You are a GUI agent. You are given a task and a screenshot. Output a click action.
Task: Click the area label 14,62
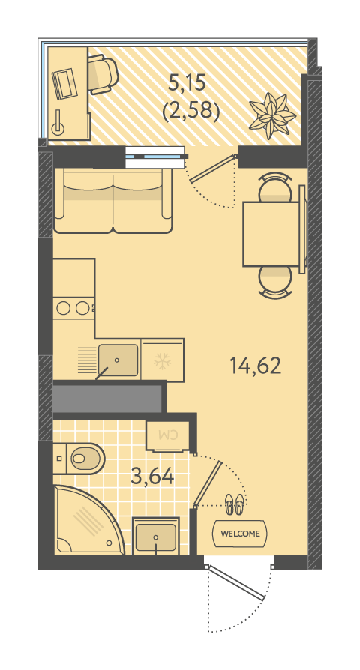pyautogui.click(x=255, y=366)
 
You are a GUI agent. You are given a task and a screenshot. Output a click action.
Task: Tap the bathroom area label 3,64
pyautogui.click(x=153, y=476)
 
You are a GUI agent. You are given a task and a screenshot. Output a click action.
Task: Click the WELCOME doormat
pyautogui.click(x=240, y=534)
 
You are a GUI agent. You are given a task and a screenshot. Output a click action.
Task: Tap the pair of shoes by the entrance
pyautogui.click(x=234, y=504)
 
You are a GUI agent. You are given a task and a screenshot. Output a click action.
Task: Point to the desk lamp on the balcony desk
pyautogui.click(x=58, y=123)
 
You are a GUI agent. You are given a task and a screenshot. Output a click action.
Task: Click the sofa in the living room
pyautogui.click(x=113, y=200)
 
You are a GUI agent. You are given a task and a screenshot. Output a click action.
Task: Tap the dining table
pyautogui.click(x=271, y=234)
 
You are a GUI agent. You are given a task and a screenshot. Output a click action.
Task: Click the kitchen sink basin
pyautogui.click(x=118, y=360)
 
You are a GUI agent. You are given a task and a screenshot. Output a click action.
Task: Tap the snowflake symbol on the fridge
pyautogui.click(x=162, y=361)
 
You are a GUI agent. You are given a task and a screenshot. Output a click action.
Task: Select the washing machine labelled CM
pyautogui.click(x=167, y=436)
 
